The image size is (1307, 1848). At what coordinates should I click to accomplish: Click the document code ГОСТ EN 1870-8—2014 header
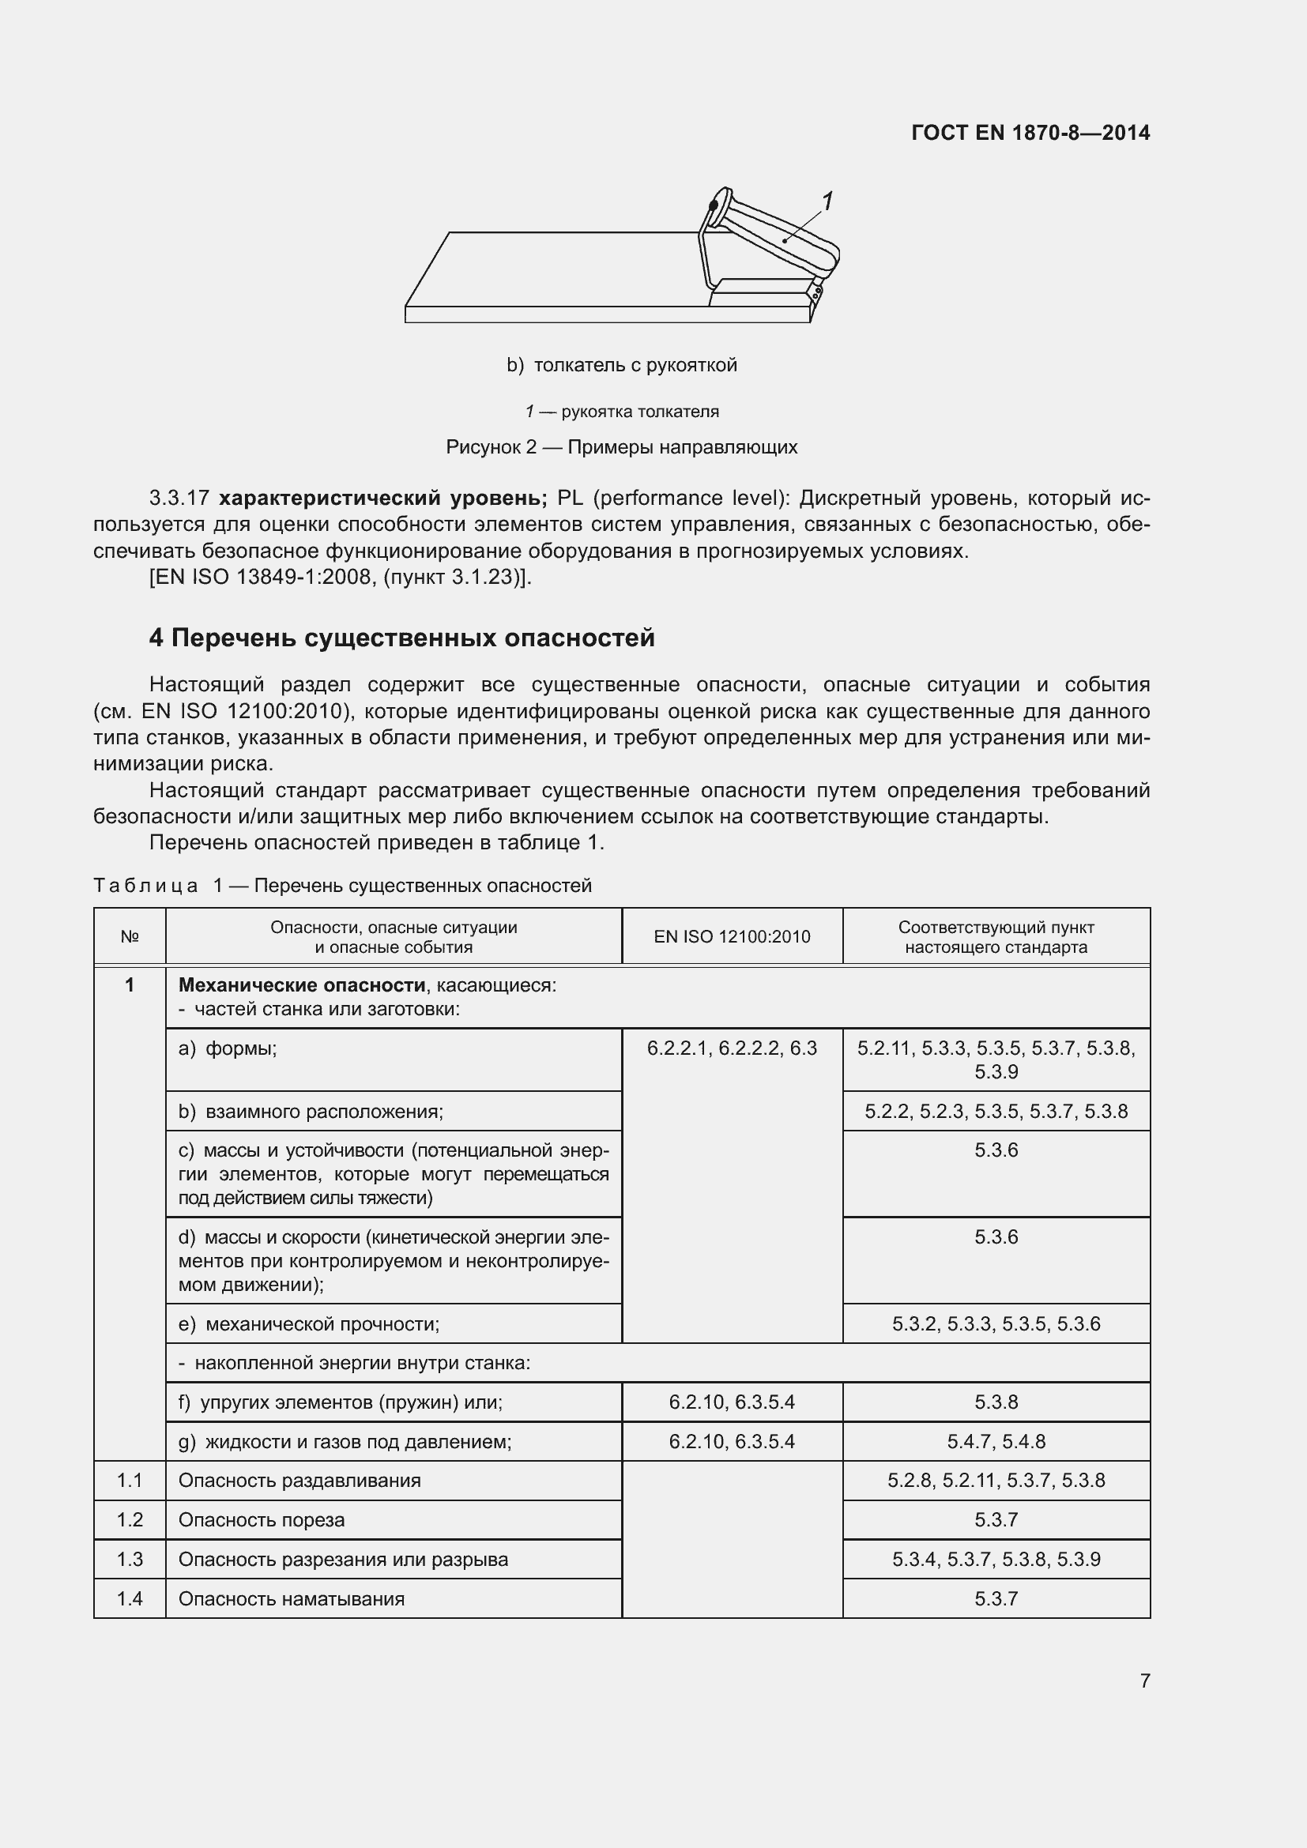tap(1030, 133)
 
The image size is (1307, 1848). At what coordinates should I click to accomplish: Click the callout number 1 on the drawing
tap(827, 201)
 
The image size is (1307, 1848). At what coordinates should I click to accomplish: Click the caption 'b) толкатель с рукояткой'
tap(621, 366)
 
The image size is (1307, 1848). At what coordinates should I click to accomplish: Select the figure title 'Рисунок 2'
tap(491, 446)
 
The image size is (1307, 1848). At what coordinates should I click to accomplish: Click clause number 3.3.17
tap(179, 499)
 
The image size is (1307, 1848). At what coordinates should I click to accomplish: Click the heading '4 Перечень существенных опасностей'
tap(401, 638)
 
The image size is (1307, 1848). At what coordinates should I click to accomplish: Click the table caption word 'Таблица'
tap(145, 886)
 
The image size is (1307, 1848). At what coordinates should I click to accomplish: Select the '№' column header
tap(130, 936)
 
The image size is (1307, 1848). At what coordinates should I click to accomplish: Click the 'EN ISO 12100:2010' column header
tap(732, 936)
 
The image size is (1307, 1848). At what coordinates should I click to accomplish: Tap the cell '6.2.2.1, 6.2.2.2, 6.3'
tap(732, 1048)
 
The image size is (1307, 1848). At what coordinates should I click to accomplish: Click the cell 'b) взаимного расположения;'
tap(311, 1112)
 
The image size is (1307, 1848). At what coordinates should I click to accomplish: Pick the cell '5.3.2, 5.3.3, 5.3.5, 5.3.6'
tap(996, 1324)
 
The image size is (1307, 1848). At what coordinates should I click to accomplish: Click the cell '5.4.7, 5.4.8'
tap(996, 1442)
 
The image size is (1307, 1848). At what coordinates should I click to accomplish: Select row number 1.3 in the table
tap(130, 1559)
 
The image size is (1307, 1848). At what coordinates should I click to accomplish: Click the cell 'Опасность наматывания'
tap(292, 1598)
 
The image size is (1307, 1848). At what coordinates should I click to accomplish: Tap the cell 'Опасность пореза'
tap(262, 1519)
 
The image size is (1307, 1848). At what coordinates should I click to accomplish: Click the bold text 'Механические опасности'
tap(302, 985)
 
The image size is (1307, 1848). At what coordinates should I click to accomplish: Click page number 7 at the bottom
tap(1144, 1681)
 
